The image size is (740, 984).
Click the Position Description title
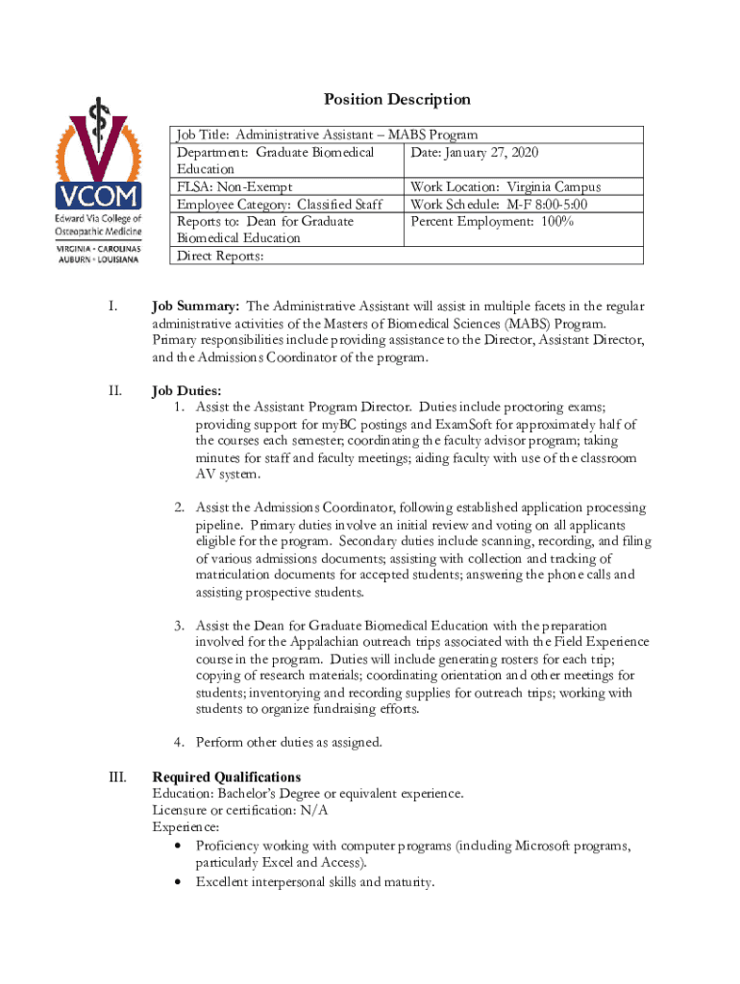[397, 99]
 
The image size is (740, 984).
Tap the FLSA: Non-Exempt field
[234, 187]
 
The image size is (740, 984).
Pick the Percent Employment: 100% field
[492, 222]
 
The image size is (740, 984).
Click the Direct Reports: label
[218, 256]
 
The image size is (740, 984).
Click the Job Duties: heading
[186, 391]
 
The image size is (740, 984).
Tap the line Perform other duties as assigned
[288, 742]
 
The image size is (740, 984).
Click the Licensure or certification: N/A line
[240, 810]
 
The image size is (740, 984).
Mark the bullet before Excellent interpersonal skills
[178, 882]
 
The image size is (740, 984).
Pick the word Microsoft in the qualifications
[525, 846]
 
